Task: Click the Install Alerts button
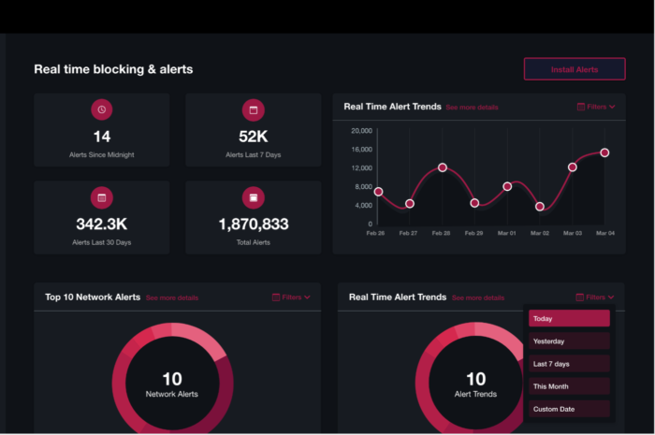coord(574,69)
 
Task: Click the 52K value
coord(253,137)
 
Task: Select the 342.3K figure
coord(102,225)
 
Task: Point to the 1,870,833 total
coord(253,225)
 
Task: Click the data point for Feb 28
coord(443,168)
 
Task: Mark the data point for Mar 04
coord(604,152)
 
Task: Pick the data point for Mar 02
coord(540,207)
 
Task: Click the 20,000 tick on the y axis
coord(361,131)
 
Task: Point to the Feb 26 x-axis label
coord(375,233)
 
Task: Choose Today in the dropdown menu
coord(569,319)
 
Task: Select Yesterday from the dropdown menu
coord(569,341)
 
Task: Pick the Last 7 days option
coord(569,364)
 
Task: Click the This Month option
coord(569,386)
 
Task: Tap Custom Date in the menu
coord(569,409)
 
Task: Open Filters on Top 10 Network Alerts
coord(292,297)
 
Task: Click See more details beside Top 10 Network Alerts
coord(172,297)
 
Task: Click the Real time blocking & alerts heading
coord(113,69)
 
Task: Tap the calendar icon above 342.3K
coord(102,197)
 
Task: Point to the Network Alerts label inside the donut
coord(172,395)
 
